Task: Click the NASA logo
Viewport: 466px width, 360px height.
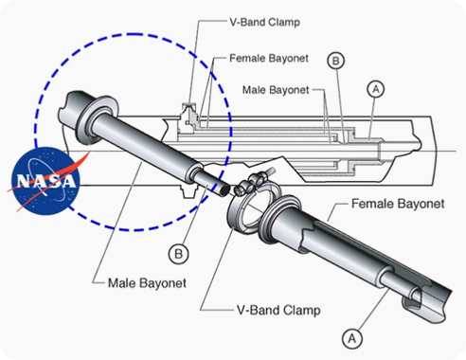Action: tap(45, 181)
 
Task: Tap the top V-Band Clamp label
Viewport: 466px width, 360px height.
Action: tap(265, 22)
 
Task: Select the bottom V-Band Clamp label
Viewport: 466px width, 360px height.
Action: tap(278, 310)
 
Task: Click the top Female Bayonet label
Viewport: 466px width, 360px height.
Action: tap(269, 59)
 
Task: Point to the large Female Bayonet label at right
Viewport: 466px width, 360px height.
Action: tap(398, 204)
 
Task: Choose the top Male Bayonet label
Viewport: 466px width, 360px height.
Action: tap(276, 90)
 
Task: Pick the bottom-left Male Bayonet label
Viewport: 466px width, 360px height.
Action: tap(147, 283)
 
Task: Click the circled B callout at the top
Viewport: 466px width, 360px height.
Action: tap(335, 61)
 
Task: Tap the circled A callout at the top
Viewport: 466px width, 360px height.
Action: tap(376, 89)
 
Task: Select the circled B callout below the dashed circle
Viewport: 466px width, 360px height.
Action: tap(178, 254)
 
